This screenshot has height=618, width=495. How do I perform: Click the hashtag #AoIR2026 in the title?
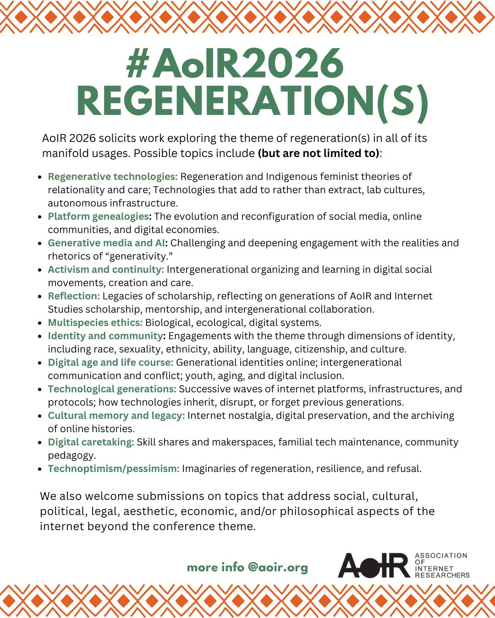235,64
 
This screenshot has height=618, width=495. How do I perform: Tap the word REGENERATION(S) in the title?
252,102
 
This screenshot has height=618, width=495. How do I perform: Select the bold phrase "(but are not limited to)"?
319,153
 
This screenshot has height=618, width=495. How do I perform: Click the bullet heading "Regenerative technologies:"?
113,177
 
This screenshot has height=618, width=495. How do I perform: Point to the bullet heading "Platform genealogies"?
98,217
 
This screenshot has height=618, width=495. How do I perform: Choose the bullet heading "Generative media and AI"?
106,243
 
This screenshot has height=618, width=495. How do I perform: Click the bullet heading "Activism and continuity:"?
106,270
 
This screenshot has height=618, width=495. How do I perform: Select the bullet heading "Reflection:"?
74,296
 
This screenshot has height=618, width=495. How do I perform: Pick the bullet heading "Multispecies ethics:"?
95,323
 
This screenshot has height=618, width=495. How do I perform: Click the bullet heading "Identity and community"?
105,336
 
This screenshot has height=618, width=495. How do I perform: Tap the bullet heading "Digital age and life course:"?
110,363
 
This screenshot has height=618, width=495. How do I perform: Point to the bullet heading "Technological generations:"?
112,389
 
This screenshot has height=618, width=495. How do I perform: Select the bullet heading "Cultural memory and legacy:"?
116,416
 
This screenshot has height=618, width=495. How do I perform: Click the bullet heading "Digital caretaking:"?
91,442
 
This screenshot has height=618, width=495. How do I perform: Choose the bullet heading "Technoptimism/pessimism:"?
114,469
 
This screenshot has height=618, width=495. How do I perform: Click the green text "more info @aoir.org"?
247,568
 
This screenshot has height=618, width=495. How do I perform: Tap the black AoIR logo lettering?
374,565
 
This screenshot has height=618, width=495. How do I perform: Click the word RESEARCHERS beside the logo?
442,575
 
